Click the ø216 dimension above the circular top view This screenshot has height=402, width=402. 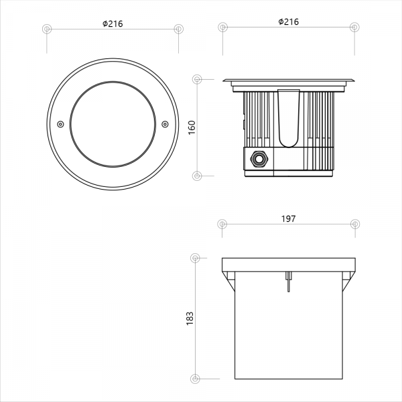click(x=113, y=24)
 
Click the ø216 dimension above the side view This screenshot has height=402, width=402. click(x=289, y=22)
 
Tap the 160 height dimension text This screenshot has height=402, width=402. click(x=192, y=127)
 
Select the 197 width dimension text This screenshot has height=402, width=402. click(x=288, y=218)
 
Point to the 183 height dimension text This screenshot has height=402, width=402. click(x=190, y=319)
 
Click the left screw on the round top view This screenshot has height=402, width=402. click(x=60, y=125)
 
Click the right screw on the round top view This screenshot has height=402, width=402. click(x=165, y=125)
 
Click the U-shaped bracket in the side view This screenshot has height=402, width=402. click(x=289, y=119)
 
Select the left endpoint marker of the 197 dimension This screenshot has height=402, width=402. click(x=222, y=224)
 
